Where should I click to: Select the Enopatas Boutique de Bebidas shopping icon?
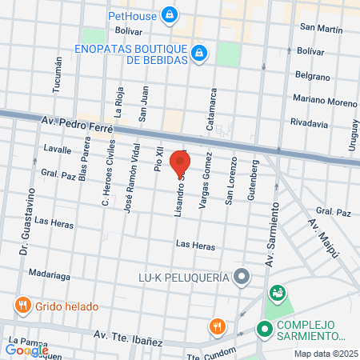pyautogui.click(x=200, y=54)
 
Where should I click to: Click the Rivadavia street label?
pyautogui.click(x=309, y=124)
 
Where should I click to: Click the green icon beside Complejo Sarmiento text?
pyautogui.click(x=263, y=329)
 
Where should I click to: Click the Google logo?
pyautogui.click(x=26, y=350)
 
